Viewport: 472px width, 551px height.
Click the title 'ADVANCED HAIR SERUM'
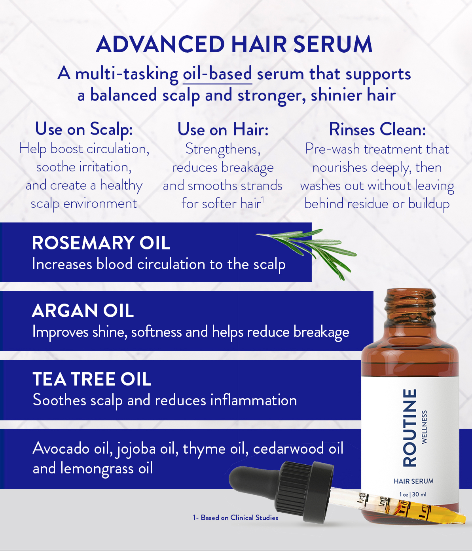point(234,44)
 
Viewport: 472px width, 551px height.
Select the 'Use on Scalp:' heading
point(84,129)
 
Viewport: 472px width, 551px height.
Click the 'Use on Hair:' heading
point(223,129)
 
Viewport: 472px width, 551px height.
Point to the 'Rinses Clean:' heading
point(377,129)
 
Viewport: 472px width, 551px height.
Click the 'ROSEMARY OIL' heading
point(101,243)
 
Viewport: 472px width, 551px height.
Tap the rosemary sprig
point(307,252)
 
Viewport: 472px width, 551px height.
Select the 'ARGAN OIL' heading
point(83,311)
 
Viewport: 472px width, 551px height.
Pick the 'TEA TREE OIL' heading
point(92,379)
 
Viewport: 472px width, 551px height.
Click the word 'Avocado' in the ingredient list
point(61,448)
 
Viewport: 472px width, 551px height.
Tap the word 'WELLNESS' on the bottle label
point(424,427)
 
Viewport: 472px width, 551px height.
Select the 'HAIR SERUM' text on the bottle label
point(413,481)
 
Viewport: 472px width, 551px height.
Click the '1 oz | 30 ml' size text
point(413,494)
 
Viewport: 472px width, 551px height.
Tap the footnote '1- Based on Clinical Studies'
point(235,518)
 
